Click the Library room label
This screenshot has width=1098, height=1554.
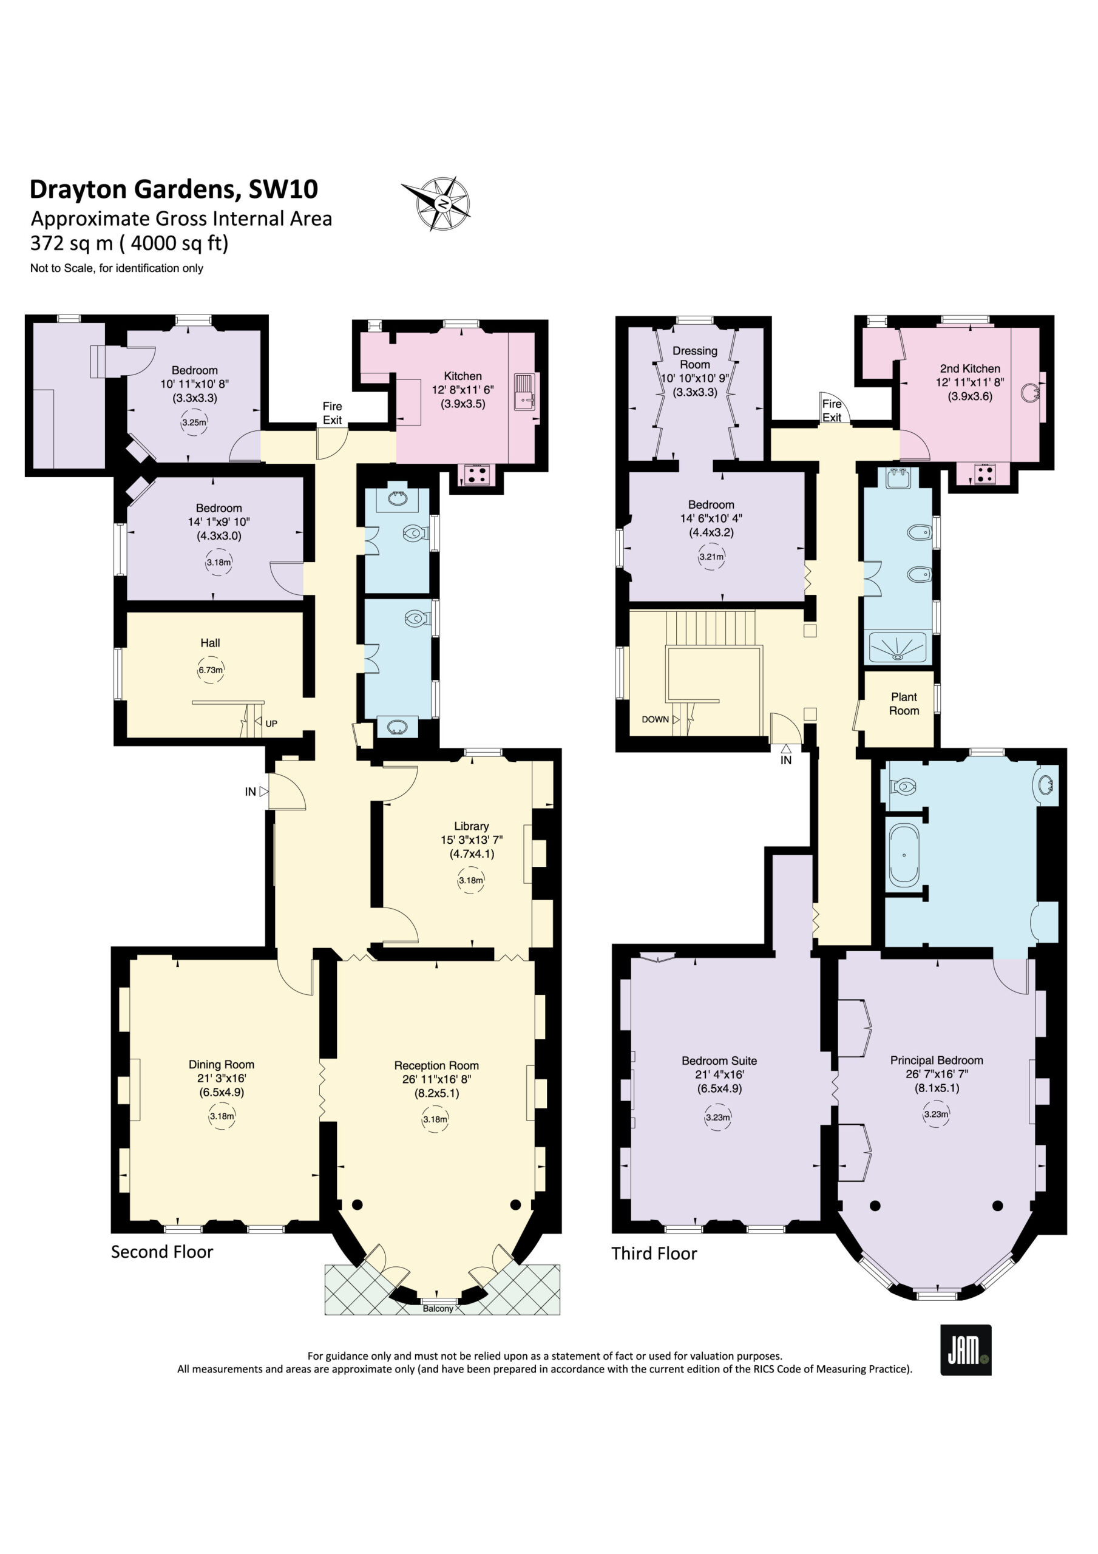[x=471, y=826]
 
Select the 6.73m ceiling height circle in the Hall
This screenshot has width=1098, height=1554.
[x=210, y=670]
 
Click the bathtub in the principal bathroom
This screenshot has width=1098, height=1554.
[x=904, y=855]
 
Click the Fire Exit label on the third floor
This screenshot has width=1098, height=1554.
[x=832, y=410]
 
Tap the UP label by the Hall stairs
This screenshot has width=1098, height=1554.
[x=271, y=724]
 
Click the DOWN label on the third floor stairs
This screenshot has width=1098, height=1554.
[x=656, y=719]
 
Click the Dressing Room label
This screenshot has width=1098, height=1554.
[x=694, y=358]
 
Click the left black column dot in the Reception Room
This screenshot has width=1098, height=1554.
[x=358, y=1204]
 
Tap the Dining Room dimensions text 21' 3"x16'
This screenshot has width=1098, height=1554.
[x=222, y=1078]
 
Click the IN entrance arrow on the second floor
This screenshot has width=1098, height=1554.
[x=264, y=791]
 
